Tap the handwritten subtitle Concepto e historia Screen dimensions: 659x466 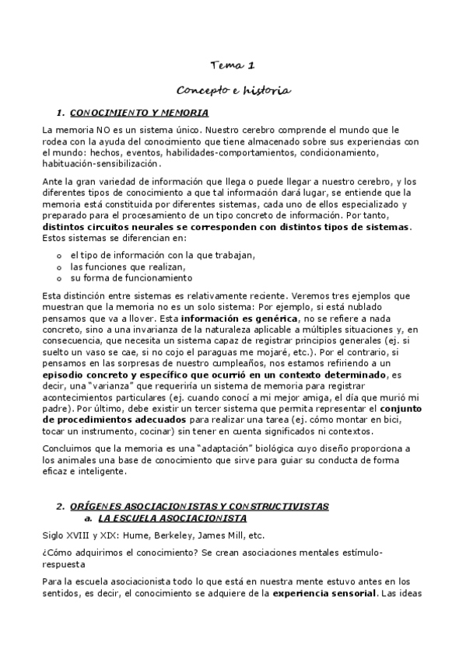(x=233, y=91)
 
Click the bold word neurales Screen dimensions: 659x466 (x=134, y=226)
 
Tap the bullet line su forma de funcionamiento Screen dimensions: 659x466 (x=131, y=277)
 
